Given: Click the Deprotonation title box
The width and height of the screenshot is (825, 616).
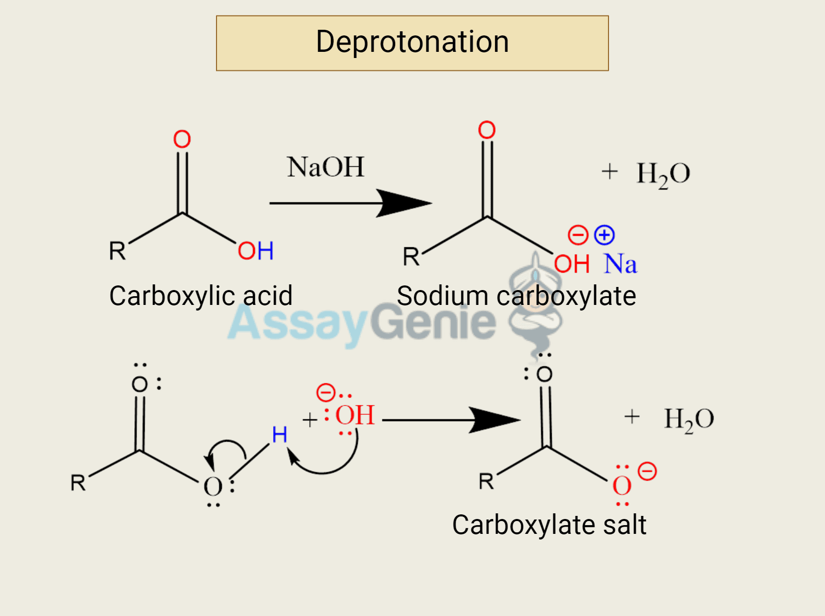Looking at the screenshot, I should tap(412, 43).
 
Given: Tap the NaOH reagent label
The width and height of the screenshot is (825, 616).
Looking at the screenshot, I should tap(325, 167).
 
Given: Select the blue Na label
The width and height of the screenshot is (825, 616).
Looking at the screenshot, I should tap(620, 264).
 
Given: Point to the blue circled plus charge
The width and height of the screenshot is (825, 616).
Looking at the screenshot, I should tap(604, 235).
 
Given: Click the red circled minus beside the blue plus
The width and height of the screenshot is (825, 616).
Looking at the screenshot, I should tap(578, 235).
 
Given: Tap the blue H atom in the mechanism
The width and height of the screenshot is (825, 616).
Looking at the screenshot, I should tap(280, 435).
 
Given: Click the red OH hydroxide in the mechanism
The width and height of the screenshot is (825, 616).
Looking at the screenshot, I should tap(355, 415).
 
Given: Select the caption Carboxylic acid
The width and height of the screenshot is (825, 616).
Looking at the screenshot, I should tap(201, 296).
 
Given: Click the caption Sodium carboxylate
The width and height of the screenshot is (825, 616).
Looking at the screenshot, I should tap(516, 296).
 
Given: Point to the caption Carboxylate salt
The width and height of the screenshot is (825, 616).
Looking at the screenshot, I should tap(549, 525).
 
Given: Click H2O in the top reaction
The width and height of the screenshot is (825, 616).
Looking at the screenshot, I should tap(663, 174).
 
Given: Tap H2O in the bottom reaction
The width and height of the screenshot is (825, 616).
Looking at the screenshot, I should tap(689, 419).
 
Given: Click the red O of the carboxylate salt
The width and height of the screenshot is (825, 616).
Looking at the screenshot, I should tap(622, 486).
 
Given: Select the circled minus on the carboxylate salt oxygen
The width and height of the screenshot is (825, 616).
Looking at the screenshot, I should tap(647, 471).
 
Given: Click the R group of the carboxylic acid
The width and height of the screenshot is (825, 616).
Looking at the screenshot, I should tap(117, 251).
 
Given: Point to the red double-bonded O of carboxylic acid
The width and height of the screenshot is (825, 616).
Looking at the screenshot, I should tap(182, 139).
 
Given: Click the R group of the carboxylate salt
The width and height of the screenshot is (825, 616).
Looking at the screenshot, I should tap(486, 482).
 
